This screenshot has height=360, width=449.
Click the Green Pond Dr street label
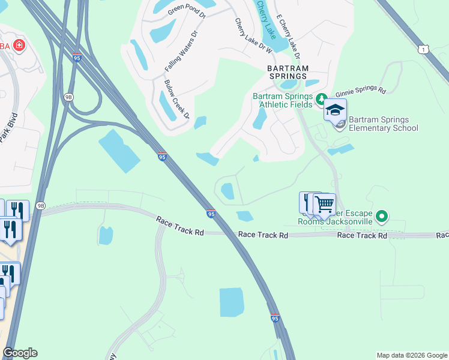click(x=187, y=10)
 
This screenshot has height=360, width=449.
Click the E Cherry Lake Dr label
click(x=287, y=35)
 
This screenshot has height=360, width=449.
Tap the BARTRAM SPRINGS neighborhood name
click(x=287, y=73)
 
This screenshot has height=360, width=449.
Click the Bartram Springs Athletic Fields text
click(x=283, y=100)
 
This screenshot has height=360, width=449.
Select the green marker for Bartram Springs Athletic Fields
click(x=321, y=98)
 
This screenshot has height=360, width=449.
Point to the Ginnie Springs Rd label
click(x=360, y=91)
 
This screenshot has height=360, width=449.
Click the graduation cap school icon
click(x=335, y=110)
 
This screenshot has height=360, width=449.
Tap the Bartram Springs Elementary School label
click(x=383, y=124)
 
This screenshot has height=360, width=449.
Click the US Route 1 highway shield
click(x=424, y=49)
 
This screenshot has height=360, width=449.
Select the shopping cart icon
click(x=325, y=204)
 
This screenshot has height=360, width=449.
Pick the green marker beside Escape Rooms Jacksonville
click(x=381, y=216)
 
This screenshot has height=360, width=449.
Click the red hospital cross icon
click(x=19, y=46)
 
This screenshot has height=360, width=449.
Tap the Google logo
click(x=20, y=353)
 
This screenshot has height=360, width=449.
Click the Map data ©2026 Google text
click(x=411, y=355)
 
